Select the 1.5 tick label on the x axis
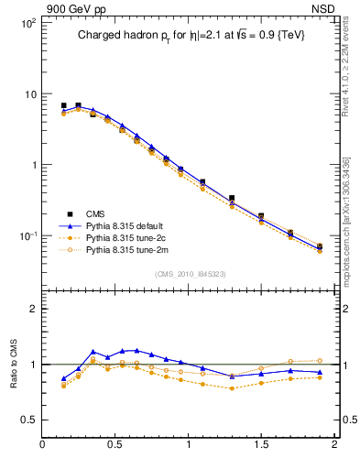click(261, 446)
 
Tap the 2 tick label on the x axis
click(334, 446)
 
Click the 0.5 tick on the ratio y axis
click(29, 420)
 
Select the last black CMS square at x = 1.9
click(320, 246)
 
